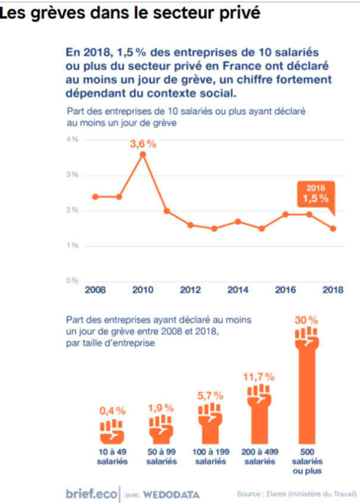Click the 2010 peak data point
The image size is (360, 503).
tap(143, 154)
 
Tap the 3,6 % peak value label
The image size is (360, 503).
tap(143, 143)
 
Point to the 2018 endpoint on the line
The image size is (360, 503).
tap(333, 228)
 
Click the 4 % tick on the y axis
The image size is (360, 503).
tap(72, 140)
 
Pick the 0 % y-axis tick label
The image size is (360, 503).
tap(72, 281)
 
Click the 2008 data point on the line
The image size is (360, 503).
tap(95, 196)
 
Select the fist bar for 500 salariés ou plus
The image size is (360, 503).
tap(307, 386)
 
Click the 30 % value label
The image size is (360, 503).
tap(307, 321)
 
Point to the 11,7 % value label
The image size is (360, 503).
tap(258, 376)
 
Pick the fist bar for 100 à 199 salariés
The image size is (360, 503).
tap(210, 420)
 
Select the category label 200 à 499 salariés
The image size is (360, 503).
tap(259, 456)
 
